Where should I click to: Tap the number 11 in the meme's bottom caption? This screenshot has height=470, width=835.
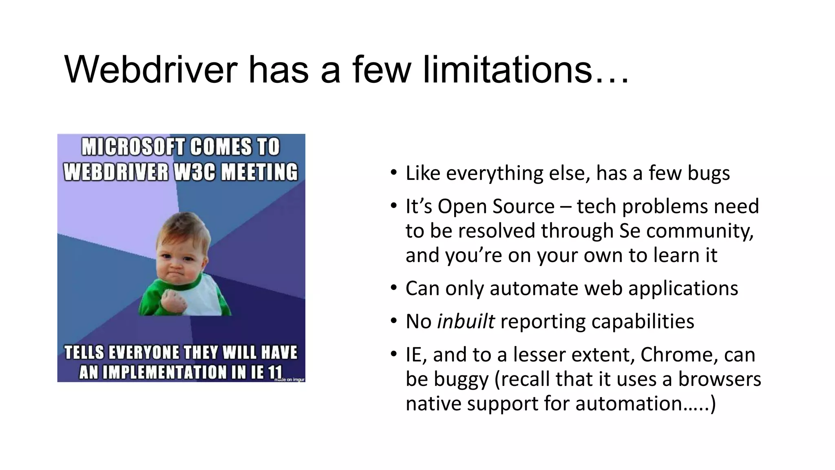[275, 372]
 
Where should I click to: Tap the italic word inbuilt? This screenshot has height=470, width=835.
[466, 321]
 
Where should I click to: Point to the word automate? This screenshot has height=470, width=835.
[534, 288]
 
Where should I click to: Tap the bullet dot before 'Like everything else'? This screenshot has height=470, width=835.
[393, 173]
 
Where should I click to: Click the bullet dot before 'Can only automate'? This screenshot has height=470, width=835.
[393, 288]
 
